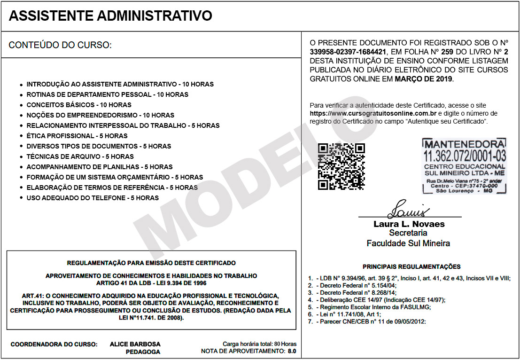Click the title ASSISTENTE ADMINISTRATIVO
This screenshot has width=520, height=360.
(110, 16)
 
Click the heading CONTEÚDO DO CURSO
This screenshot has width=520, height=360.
(60, 46)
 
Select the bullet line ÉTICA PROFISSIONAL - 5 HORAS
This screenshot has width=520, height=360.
(77, 136)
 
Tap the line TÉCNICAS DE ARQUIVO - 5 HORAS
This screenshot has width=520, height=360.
(80, 157)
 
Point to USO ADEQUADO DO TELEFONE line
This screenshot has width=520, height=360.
(93, 198)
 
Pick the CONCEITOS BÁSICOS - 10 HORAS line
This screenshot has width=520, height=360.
(79, 105)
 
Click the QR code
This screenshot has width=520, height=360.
(341, 166)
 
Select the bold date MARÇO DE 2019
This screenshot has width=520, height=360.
(423, 79)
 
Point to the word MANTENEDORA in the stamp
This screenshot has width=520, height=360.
(465, 144)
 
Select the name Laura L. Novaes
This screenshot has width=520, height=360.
(409, 224)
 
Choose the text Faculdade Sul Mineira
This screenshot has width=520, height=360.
(408, 243)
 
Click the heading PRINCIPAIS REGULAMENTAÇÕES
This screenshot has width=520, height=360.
(411, 266)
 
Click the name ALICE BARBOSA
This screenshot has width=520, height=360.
(135, 344)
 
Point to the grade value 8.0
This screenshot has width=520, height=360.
(292, 351)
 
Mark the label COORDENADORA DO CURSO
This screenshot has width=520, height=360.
(54, 344)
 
